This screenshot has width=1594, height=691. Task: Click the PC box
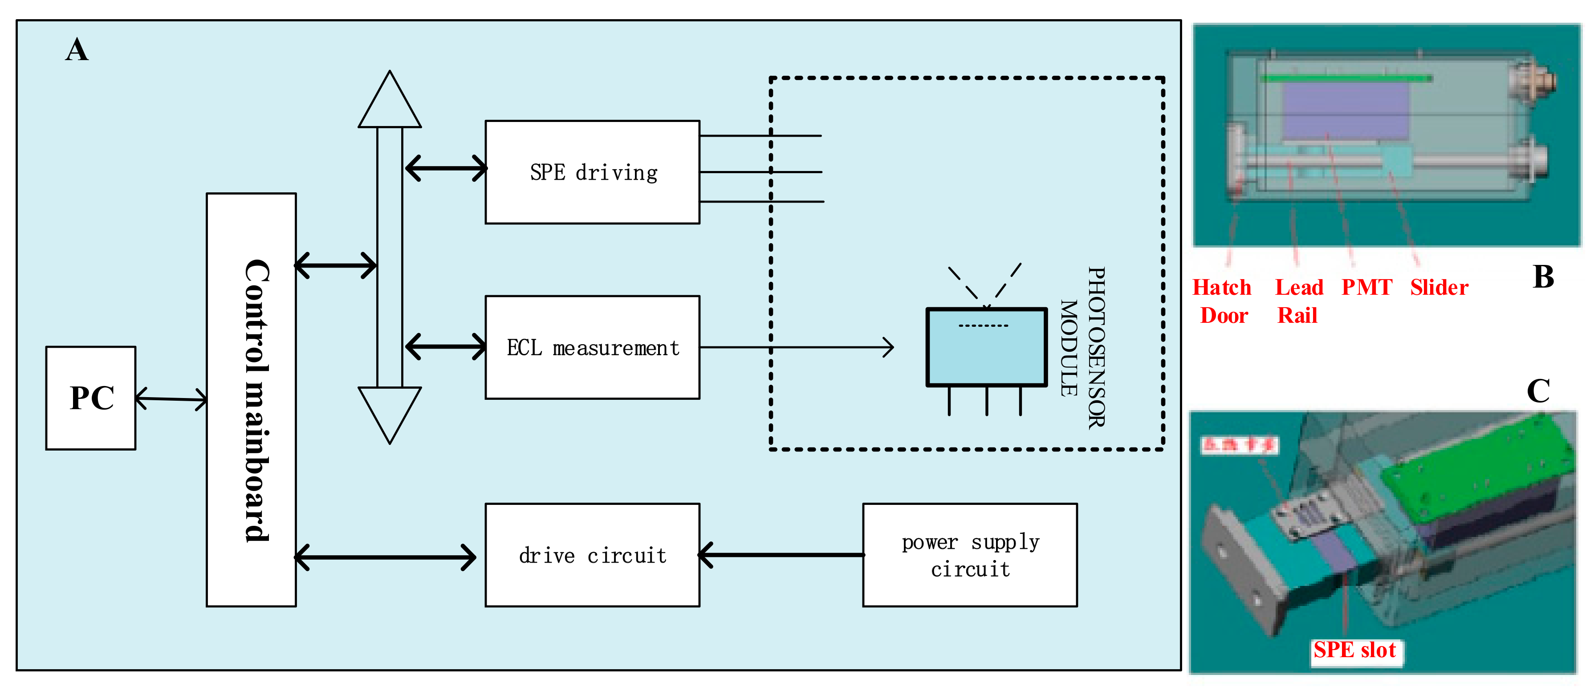click(91, 398)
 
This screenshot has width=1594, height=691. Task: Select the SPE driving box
click(592, 172)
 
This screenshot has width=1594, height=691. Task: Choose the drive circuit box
click(592, 555)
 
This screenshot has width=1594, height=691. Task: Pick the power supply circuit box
click(970, 555)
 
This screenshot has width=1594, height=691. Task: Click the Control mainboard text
click(256, 400)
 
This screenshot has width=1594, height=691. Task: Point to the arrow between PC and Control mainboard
click(171, 399)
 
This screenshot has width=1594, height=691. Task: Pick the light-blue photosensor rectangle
click(986, 348)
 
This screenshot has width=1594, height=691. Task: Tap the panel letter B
click(1543, 276)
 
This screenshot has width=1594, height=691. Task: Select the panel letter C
click(1538, 391)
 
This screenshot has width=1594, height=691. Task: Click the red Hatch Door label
click(1222, 301)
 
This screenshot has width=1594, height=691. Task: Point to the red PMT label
click(1366, 288)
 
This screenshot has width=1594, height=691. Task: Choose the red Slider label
click(1439, 288)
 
